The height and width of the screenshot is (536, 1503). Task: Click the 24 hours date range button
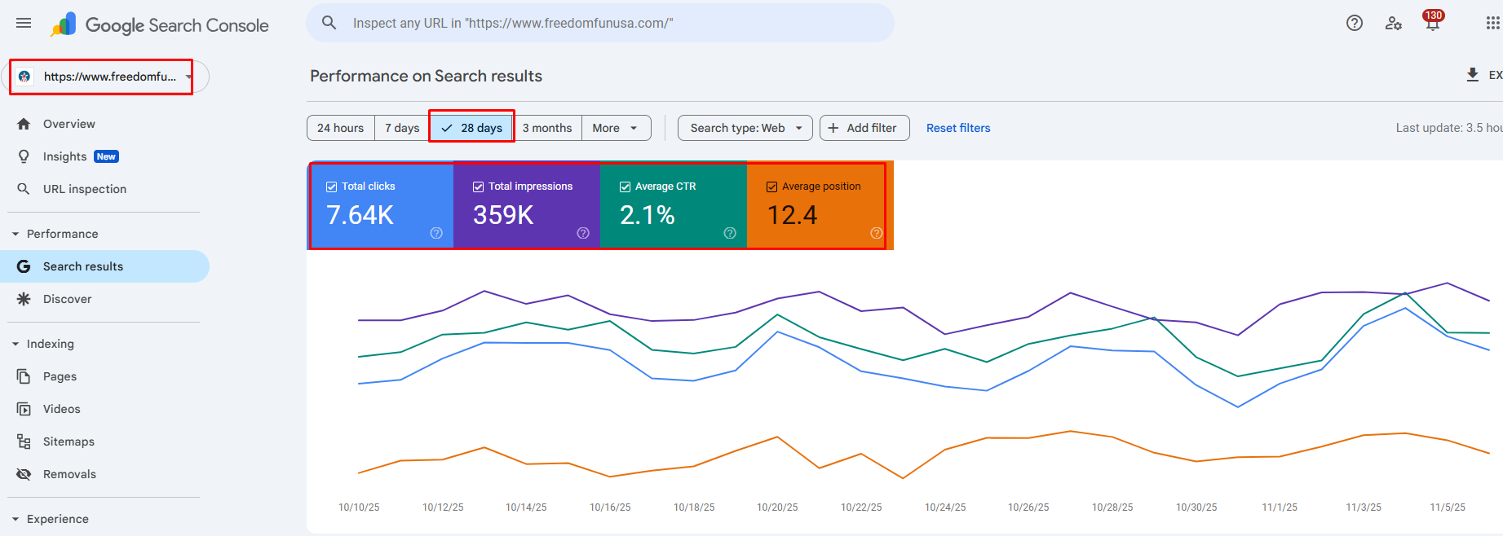point(340,128)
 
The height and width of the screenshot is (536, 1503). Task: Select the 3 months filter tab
point(547,128)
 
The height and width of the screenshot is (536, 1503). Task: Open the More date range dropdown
point(616,128)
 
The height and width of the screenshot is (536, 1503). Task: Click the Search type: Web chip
point(745,128)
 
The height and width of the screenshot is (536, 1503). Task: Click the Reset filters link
point(958,128)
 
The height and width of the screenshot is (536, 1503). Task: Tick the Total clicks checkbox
point(332,187)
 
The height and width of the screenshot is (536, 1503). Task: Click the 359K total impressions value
point(503,215)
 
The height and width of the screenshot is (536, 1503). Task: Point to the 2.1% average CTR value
point(648,215)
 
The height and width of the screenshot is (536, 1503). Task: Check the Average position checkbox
point(772,187)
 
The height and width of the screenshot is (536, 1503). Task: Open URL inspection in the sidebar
point(85,189)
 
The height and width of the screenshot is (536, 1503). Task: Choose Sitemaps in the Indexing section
point(69,442)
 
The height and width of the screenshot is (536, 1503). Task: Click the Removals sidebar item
point(69,474)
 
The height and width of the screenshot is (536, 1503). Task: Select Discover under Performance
point(67,299)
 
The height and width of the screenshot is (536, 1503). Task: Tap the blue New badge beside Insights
point(106,156)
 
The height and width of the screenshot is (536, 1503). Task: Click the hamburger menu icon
point(24,23)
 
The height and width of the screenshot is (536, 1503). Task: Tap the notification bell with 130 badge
point(1432,23)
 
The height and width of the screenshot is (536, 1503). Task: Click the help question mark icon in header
point(1355,23)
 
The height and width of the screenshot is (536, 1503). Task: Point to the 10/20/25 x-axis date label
point(777,507)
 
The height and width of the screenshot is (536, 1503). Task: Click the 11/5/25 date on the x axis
point(1448,507)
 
